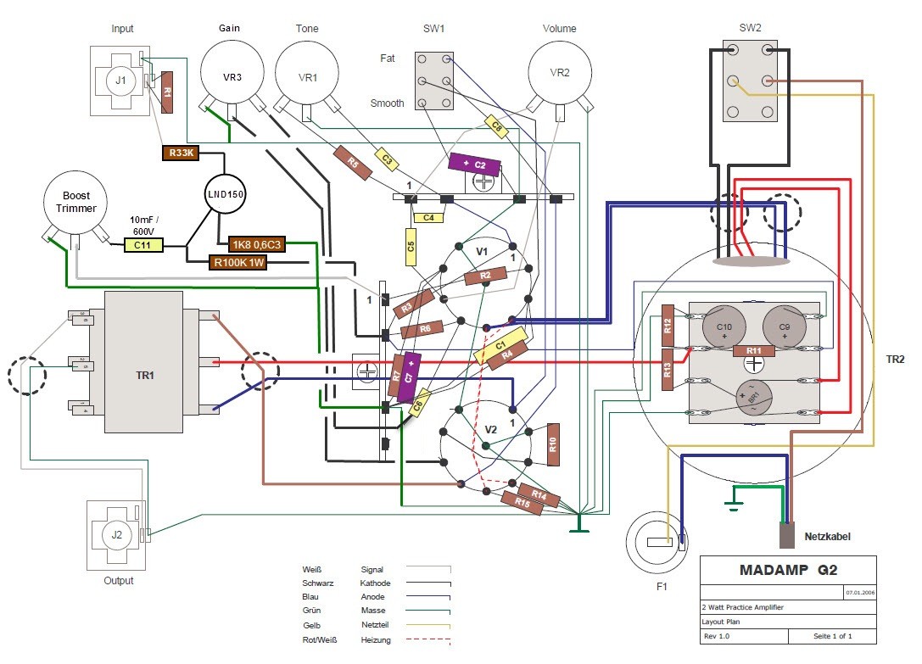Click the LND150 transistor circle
coord(225,194)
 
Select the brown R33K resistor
coord(179,153)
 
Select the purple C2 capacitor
coord(476,164)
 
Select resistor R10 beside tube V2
coord(554,444)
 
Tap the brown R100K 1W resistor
coord(238,262)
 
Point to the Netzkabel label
coord(826,537)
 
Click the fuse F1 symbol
coord(658,543)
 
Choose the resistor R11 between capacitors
coord(753,350)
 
